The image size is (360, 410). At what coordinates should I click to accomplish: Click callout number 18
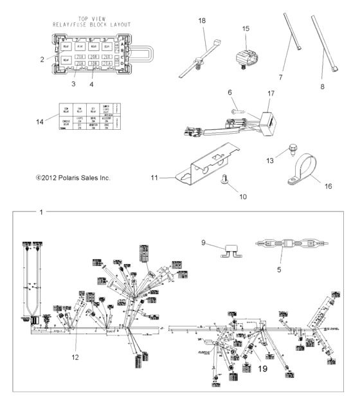point(202,21)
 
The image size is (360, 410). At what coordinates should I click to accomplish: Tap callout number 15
point(245,29)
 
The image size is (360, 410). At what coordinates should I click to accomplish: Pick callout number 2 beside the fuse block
point(41,58)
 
